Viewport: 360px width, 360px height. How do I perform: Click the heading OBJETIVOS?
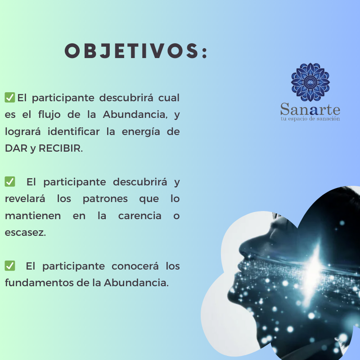(x=136, y=51)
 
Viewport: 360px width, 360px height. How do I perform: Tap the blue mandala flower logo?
(x=310, y=82)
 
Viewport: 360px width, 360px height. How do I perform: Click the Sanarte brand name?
(x=310, y=109)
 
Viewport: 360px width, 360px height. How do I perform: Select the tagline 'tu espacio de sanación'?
(x=310, y=119)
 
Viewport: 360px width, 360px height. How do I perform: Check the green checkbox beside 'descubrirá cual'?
(x=10, y=97)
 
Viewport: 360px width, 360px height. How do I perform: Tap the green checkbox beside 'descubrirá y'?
(x=10, y=182)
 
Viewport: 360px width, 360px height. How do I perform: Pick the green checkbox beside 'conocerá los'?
(x=10, y=265)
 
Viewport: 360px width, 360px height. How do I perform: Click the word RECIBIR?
(x=61, y=148)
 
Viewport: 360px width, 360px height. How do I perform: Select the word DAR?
(x=16, y=148)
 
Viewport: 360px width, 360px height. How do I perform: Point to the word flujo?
(x=49, y=115)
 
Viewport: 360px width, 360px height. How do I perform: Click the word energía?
(x=141, y=132)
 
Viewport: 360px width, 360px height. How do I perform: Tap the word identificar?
(x=73, y=131)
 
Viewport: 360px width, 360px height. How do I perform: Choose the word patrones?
(x=105, y=199)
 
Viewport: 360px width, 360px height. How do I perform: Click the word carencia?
(x=140, y=216)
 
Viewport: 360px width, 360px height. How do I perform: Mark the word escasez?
(x=25, y=233)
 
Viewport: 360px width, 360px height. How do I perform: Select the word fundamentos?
(x=39, y=283)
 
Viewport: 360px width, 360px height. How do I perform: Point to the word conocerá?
(x=135, y=266)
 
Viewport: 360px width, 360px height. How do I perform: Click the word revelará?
(x=25, y=198)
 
